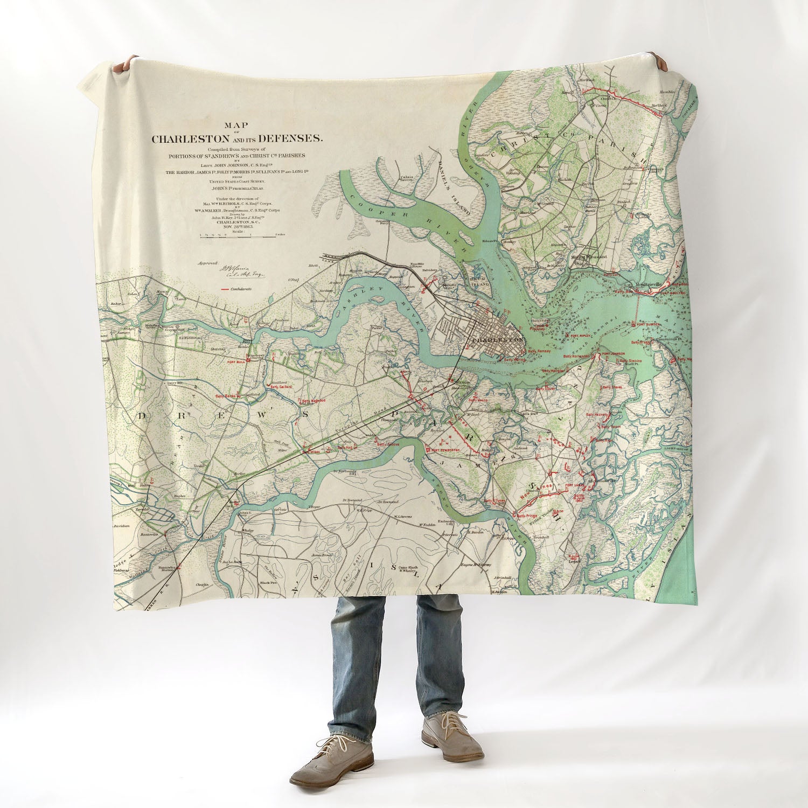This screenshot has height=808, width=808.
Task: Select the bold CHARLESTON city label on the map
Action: tap(497, 340)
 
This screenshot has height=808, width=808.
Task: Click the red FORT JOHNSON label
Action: tap(614, 354)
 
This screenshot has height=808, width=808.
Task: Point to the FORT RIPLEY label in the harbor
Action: tap(581, 335)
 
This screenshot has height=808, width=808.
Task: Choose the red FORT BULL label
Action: tap(236, 362)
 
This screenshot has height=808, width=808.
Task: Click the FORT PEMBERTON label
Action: tap(444, 449)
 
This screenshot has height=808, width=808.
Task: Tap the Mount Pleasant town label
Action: tap(589, 257)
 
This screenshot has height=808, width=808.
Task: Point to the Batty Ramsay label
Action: tap(539, 351)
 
